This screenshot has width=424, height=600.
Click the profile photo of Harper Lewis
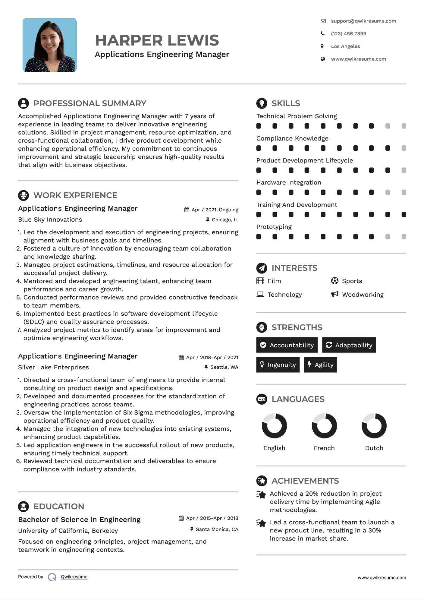click(50, 45)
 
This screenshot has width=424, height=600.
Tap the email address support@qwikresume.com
click(363, 21)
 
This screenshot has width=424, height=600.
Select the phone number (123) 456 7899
click(348, 33)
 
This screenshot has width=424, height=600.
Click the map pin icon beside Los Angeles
click(322, 46)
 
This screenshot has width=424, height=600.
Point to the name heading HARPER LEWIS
click(157, 40)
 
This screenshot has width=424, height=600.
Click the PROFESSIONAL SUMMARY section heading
click(90, 103)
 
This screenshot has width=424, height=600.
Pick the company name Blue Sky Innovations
click(50, 219)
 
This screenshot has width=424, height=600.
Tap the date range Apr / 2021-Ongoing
click(215, 210)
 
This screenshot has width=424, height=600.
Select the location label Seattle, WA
click(224, 367)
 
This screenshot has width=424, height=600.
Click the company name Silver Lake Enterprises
click(53, 367)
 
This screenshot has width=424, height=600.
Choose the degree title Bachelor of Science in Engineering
click(79, 519)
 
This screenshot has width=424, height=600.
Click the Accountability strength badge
click(287, 345)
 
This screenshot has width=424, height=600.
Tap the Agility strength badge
click(320, 365)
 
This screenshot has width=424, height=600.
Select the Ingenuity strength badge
click(278, 365)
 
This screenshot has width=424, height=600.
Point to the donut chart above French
click(324, 425)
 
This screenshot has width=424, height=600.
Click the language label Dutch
click(374, 448)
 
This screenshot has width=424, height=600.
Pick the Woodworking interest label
click(363, 295)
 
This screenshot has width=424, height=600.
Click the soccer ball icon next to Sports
click(334, 281)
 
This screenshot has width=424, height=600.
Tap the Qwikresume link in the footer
click(74, 577)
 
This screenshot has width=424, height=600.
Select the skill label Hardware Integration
click(289, 182)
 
